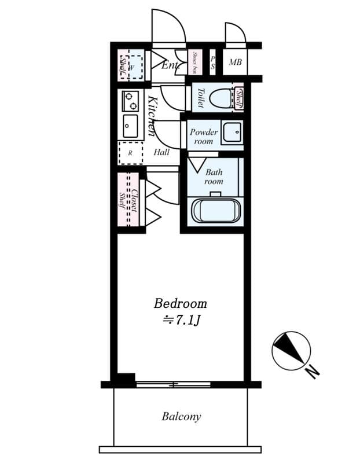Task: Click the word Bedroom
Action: [x=180, y=303]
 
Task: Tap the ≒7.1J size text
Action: [x=180, y=320]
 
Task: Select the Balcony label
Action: [x=181, y=416]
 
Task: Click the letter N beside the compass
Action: [x=313, y=372]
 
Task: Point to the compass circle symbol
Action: [x=291, y=351]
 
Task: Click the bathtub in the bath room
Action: [x=215, y=211]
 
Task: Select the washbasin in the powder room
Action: [x=232, y=133]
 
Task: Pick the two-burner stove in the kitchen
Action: [x=130, y=101]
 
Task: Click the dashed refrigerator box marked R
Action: [x=130, y=153]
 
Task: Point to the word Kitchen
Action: [x=151, y=116]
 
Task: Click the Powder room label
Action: [x=203, y=137]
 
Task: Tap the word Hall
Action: [x=161, y=152]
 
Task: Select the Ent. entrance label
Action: [x=169, y=65]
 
